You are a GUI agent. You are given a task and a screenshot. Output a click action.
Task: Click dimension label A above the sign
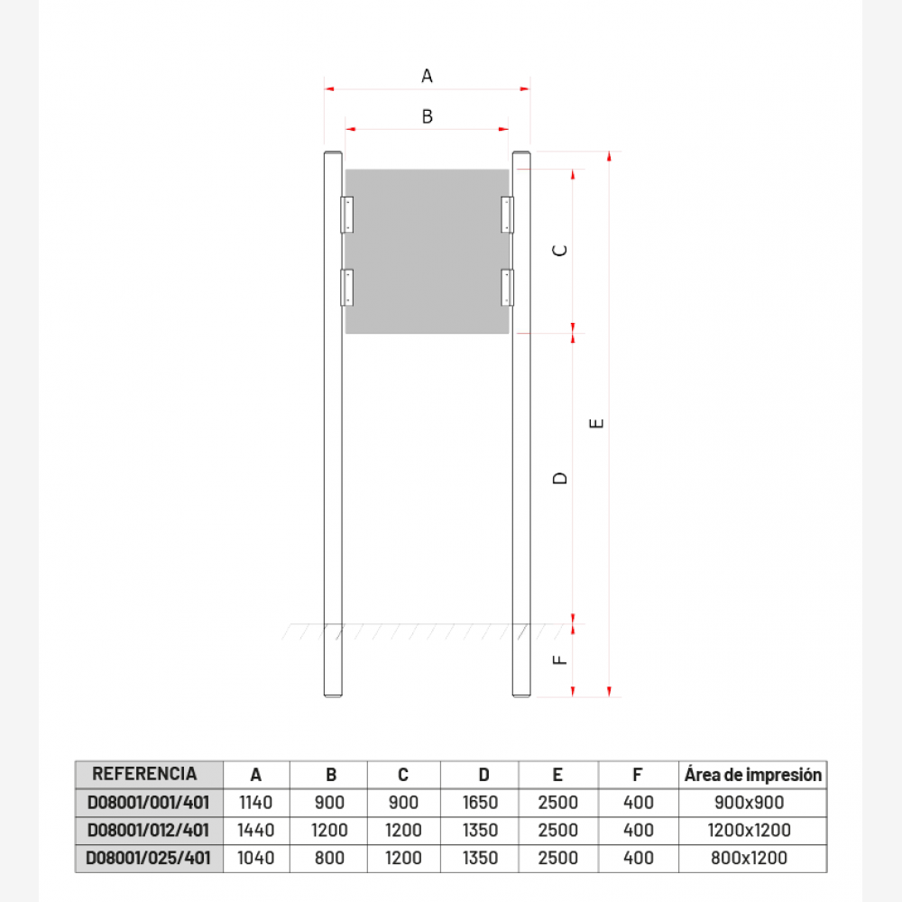[x=427, y=76]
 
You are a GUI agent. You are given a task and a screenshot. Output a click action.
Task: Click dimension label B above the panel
[x=427, y=116]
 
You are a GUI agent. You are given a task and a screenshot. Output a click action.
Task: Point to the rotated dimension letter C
[x=560, y=250]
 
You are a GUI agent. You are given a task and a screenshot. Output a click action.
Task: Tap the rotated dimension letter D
[x=560, y=478]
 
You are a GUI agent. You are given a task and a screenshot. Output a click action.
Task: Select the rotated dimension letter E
[x=596, y=423]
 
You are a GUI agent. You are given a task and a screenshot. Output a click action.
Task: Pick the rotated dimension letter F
[x=560, y=660]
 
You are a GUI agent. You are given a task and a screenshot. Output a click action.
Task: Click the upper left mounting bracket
[x=347, y=215]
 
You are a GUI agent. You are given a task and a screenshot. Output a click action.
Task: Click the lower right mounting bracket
[x=507, y=288]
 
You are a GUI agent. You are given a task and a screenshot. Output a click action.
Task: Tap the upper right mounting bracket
[x=507, y=215]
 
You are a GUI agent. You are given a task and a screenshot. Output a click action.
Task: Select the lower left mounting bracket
[x=347, y=288]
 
